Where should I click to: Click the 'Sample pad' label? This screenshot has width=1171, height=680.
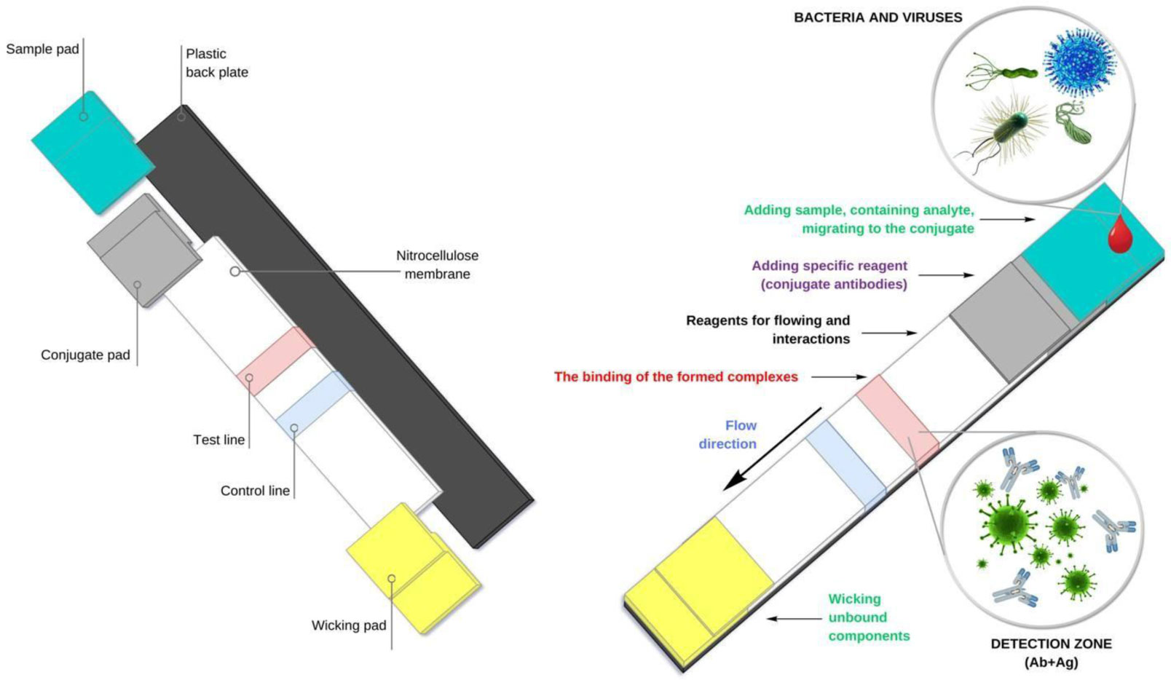point(42,49)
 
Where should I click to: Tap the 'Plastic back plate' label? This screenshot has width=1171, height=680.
point(217,63)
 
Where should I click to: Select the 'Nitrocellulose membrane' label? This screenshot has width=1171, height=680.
point(437,264)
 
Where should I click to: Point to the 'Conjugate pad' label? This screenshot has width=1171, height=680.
point(85,355)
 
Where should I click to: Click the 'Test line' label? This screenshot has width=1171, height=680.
point(218,440)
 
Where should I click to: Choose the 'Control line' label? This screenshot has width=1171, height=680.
point(255,490)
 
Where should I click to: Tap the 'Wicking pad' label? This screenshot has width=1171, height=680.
point(349,625)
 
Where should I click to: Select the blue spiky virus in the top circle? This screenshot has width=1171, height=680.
point(1079,63)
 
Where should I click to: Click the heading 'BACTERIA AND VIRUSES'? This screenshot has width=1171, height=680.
point(878,17)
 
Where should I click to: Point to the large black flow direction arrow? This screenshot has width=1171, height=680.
point(772,449)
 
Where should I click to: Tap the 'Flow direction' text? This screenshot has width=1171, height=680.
point(728,435)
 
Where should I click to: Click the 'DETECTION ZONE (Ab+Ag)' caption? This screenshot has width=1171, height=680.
point(1052,653)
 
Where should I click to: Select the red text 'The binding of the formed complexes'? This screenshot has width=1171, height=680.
point(676,376)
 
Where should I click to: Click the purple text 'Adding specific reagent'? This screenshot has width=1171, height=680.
point(829,266)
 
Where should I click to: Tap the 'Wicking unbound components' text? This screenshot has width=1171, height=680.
point(869,617)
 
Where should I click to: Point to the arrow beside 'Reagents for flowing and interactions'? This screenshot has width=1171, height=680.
point(889,333)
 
